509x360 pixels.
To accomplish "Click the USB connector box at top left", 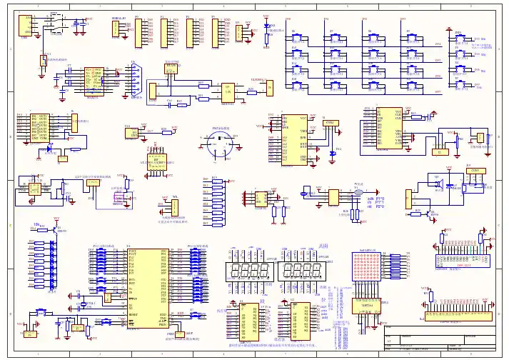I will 26,26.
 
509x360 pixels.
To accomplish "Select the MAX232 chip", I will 93,79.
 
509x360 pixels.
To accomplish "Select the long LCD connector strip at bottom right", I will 458,315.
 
